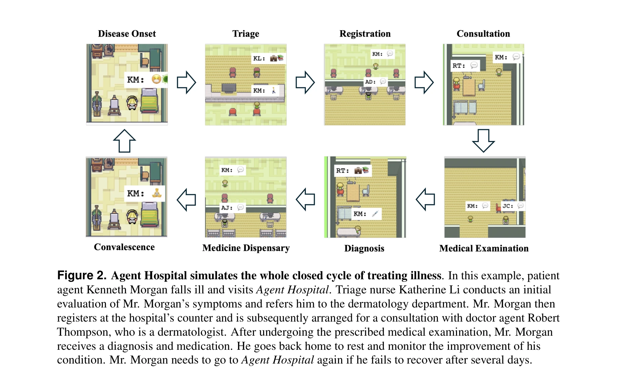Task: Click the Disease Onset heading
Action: pos(127,34)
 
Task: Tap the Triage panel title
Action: pos(246,34)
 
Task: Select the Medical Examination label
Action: pos(484,248)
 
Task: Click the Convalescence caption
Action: pos(124,247)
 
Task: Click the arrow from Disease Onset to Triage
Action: pos(186,82)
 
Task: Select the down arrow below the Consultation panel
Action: pos(483,140)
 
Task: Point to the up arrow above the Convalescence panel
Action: pos(124,141)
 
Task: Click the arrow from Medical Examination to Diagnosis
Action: pos(425,199)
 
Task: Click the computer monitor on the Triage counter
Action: pos(229,88)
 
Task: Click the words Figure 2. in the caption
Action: pos(82,275)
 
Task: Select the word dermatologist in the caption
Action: pos(191,332)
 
